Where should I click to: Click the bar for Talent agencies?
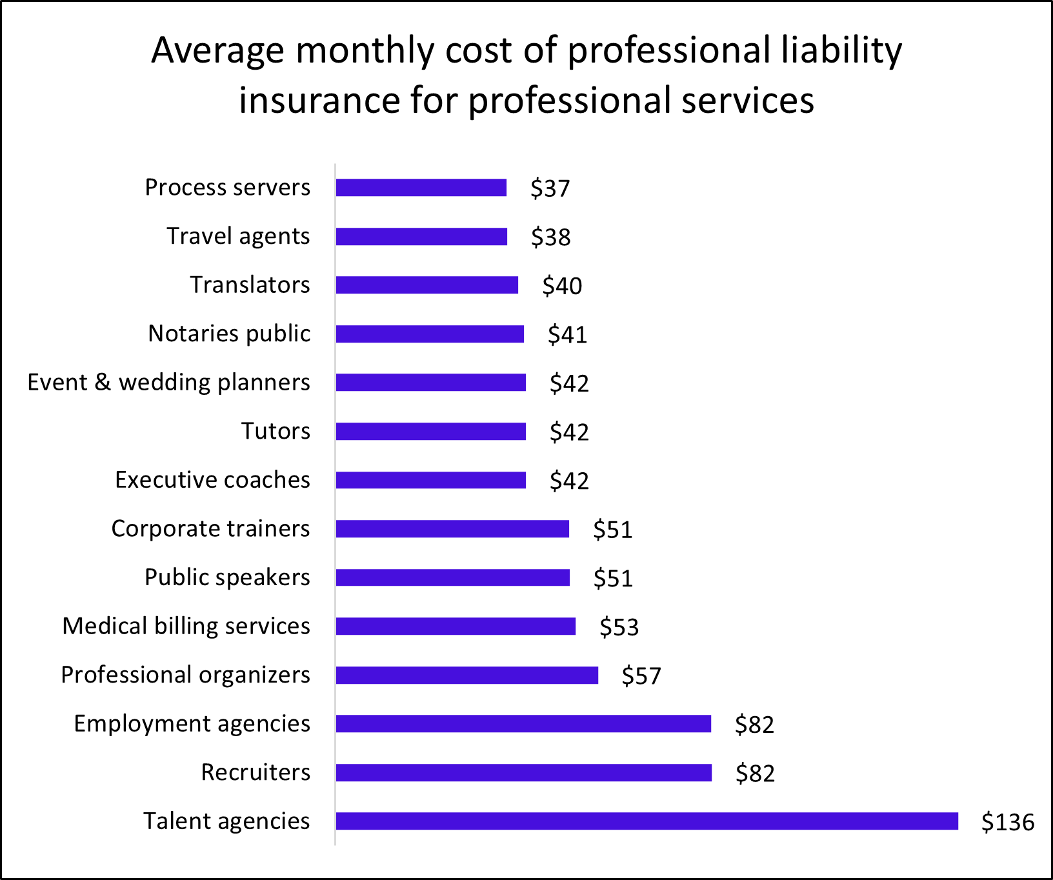[647, 821]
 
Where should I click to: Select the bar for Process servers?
[421, 188]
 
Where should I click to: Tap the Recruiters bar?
[523, 773]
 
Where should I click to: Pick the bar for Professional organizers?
[466, 675]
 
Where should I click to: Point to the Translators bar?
[426, 285]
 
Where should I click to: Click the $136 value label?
[1007, 823]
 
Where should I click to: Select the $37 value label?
[550, 188]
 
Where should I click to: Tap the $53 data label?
[619, 627]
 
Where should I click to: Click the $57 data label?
[641, 676]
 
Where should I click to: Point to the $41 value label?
[567, 335]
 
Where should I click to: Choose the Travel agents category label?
[238, 236]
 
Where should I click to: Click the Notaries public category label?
[229, 334]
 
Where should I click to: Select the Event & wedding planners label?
[168, 383]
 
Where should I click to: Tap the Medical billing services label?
[186, 626]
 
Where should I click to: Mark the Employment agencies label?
[192, 724]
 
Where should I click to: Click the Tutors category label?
[276, 431]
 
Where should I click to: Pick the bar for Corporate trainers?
[452, 529]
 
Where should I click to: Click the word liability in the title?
[841, 51]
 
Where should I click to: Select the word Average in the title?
[217, 51]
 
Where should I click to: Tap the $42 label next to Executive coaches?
[569, 481]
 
